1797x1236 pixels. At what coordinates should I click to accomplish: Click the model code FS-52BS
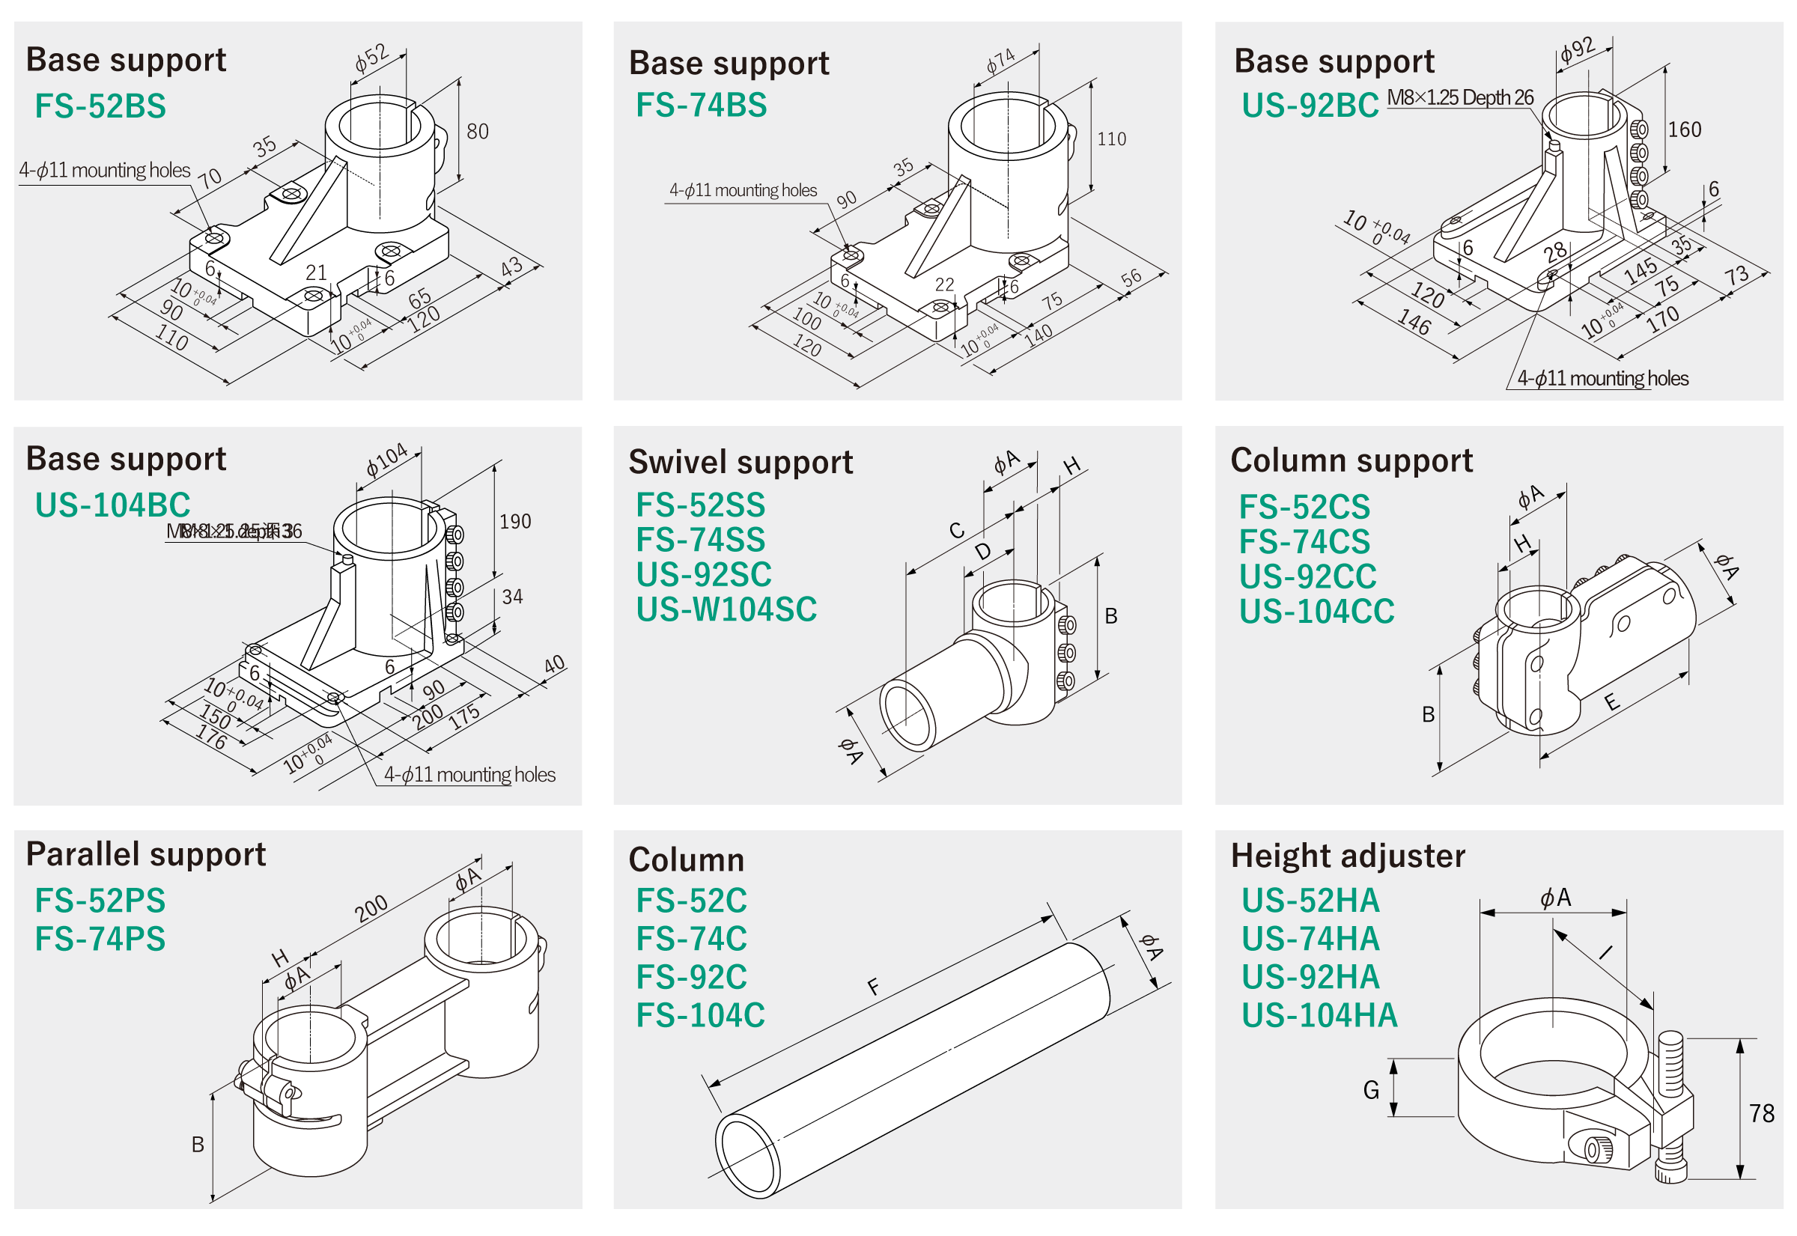coord(100,106)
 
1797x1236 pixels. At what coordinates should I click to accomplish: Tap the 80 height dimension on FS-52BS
coord(477,132)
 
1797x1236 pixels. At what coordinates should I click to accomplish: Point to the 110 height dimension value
coord(1110,139)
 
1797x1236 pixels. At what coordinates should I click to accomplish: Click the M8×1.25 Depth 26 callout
coord(1459,98)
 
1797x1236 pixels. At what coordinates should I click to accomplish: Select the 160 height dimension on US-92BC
coord(1684,130)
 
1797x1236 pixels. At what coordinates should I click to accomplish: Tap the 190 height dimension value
coord(515,522)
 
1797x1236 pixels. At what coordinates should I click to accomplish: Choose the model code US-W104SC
coord(726,609)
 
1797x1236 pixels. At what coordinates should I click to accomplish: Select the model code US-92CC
coord(1307,577)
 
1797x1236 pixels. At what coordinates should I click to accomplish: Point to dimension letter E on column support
coord(1611,702)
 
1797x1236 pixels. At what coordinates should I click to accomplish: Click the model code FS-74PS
coord(100,940)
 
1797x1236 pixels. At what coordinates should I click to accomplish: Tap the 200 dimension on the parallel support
coord(371,908)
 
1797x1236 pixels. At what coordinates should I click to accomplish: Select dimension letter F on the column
coord(874,987)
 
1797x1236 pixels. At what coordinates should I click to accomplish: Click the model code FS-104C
coord(700,1015)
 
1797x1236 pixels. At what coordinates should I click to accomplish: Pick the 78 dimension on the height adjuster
coord(1761,1114)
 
